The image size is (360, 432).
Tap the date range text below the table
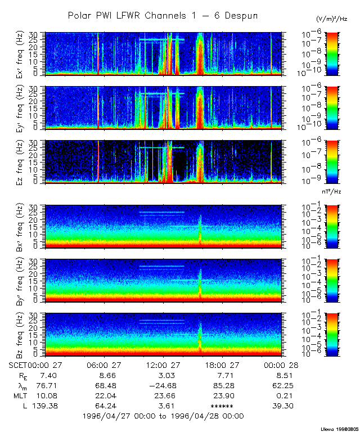pos(163,416)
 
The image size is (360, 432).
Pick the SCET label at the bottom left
pos(19,364)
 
